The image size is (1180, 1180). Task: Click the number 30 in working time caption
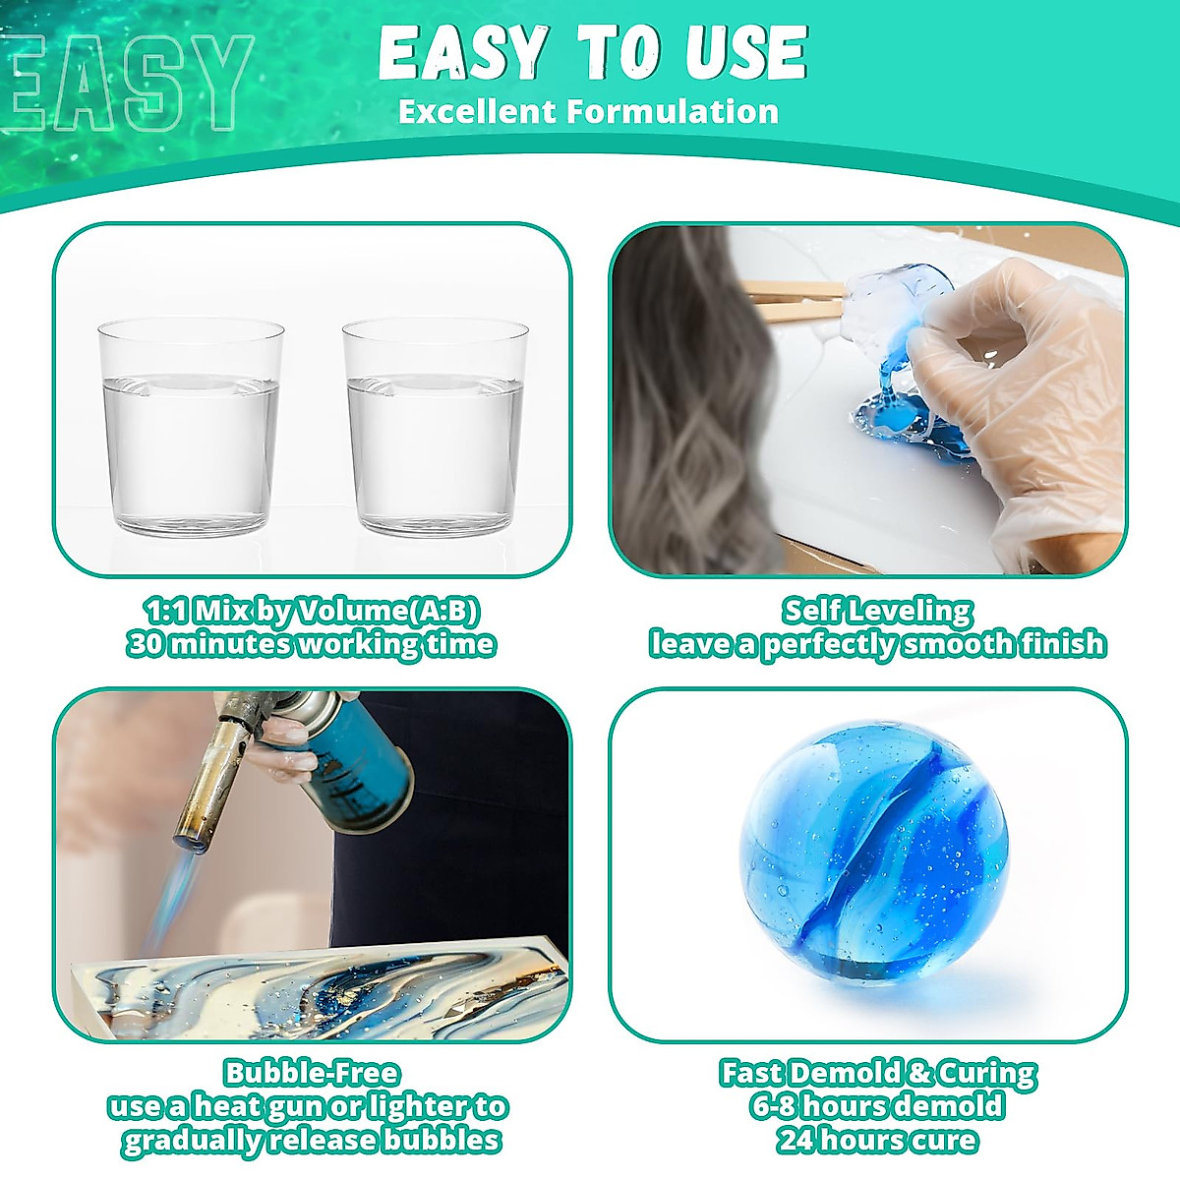[x=147, y=645]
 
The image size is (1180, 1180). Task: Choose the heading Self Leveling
[x=877, y=612]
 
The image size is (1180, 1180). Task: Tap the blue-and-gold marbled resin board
[x=324, y=983]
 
